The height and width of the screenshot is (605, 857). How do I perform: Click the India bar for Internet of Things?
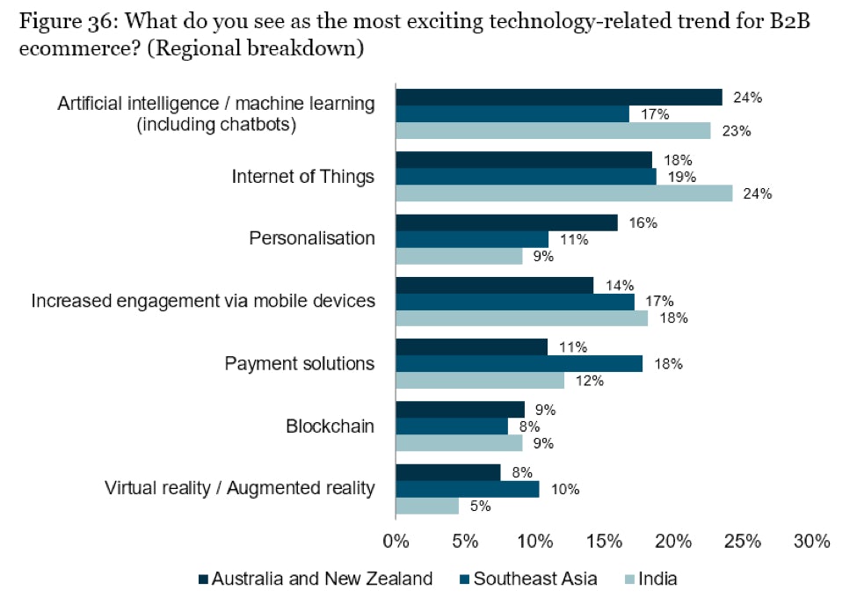(563, 193)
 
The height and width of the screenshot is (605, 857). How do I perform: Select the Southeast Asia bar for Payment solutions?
(519, 364)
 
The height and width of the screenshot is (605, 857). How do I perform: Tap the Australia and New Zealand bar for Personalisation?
(506, 223)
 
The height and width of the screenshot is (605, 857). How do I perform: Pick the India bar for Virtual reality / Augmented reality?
(427, 506)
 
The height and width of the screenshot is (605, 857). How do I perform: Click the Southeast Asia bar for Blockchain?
(452, 426)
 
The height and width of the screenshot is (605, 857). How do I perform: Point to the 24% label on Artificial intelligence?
(747, 98)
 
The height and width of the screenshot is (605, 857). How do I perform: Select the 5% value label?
(480, 507)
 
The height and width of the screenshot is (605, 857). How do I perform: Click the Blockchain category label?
(330, 426)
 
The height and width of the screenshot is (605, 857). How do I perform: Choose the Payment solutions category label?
(300, 363)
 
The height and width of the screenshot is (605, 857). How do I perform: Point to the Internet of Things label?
(302, 177)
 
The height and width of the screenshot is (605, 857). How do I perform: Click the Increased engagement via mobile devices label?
(203, 301)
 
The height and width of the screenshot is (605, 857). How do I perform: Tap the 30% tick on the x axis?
(811, 542)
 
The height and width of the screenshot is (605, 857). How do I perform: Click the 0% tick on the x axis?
(396, 542)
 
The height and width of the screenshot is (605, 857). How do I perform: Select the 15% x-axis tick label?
(604, 542)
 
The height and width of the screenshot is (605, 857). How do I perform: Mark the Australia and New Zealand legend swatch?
(204, 579)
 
